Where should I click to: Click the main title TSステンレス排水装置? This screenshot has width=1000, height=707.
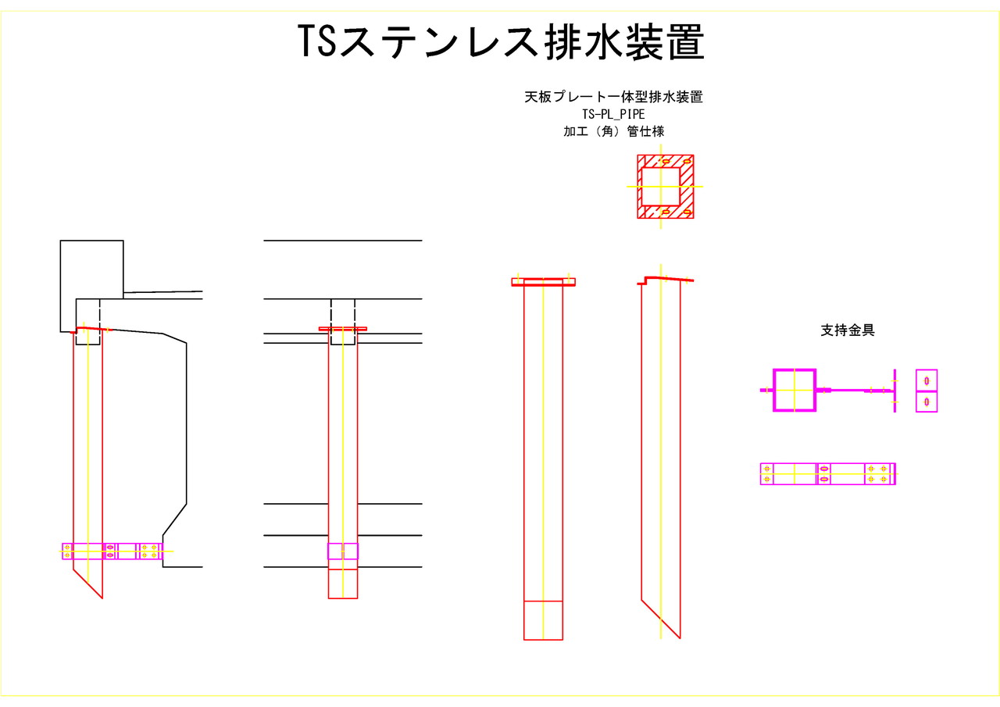501,42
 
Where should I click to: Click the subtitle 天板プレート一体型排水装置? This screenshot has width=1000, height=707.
612,98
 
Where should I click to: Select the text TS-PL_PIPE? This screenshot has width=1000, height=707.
612,115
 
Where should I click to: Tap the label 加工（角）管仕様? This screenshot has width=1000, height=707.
613,131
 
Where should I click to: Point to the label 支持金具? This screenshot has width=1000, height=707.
847,330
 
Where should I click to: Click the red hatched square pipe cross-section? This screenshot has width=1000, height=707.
665,186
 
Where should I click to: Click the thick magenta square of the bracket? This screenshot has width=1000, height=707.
795,390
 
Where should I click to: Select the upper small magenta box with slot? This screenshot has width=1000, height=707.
927,380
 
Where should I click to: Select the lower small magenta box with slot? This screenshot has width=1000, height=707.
927,402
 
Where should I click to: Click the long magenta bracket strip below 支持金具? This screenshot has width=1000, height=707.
827,474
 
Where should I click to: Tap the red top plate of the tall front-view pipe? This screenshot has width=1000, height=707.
543,283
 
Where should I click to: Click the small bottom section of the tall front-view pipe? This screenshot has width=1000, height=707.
543,620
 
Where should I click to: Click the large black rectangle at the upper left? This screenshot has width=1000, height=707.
91,266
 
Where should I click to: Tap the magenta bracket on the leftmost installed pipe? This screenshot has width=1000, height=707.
112,551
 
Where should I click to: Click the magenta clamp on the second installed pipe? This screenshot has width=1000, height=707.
342,551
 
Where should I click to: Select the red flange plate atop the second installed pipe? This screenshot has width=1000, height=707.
342,329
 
